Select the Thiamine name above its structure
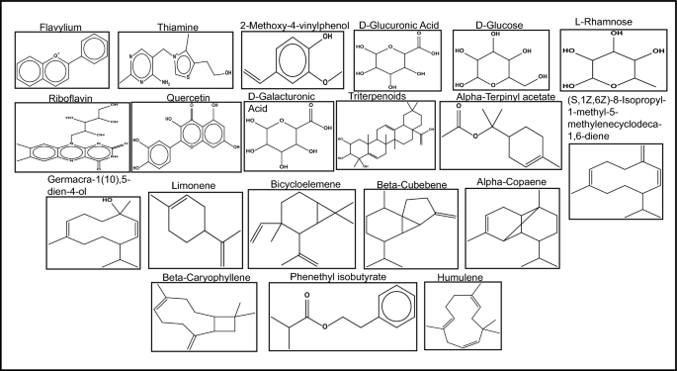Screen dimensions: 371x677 174,22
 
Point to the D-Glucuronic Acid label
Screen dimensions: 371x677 399,22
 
